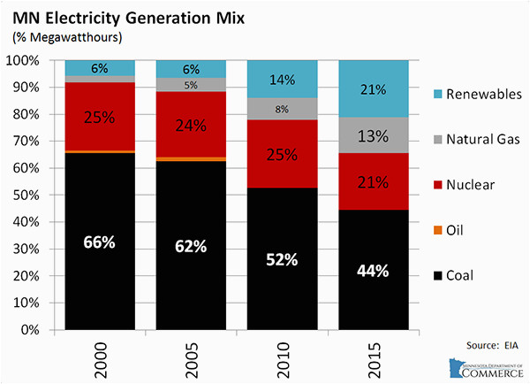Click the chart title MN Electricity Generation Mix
pos(128,18)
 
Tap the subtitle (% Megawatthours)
pos(67,37)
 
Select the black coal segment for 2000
pos(100,241)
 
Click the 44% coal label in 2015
pos(373,271)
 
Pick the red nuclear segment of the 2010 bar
pos(283,154)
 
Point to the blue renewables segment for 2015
pos(374,88)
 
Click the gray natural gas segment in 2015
pos(374,135)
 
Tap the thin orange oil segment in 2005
pos(191,159)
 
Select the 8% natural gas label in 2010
pos(282,109)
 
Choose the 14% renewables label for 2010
pos(283,80)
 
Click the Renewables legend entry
pos(477,94)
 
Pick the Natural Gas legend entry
pos(477,139)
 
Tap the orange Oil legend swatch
pos(438,230)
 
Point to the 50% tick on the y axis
pos(26,195)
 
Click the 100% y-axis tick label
pos(23,61)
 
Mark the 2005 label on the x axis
pos(192,360)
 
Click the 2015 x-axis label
pos(374,360)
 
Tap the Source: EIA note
pos(492,345)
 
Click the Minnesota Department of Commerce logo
pos(486,368)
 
